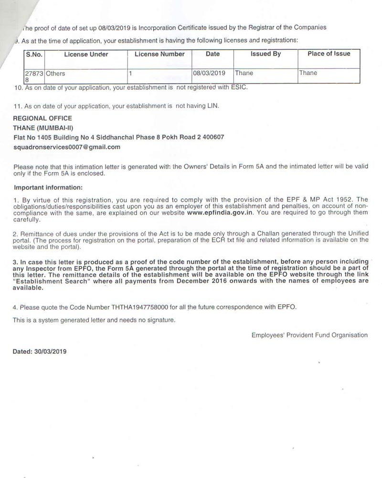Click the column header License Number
[159, 54]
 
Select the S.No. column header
[34, 54]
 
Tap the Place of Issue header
[329, 54]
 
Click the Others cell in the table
[55, 74]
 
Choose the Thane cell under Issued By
[244, 73]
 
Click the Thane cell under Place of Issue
[308, 73]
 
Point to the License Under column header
[86, 54]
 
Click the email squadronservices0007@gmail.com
[67, 147]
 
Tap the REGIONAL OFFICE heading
[42, 118]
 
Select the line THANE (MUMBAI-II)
[44, 128]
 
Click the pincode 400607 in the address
[213, 137]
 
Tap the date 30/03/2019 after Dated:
[51, 351]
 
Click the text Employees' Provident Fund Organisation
[309, 335]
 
